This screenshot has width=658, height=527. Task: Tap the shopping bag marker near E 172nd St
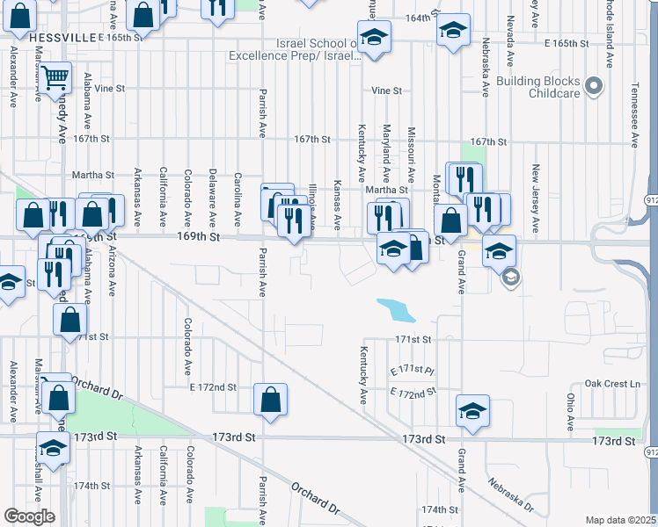point(270,400)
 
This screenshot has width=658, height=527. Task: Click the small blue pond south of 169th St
point(396,309)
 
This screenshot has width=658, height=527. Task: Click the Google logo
point(29,516)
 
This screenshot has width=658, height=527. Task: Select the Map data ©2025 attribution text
point(620,520)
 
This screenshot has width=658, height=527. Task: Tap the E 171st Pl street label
point(413,372)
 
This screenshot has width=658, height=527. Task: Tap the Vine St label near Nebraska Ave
point(386,90)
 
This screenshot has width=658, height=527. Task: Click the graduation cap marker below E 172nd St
point(472,410)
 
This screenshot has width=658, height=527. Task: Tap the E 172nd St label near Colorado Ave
point(213,386)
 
